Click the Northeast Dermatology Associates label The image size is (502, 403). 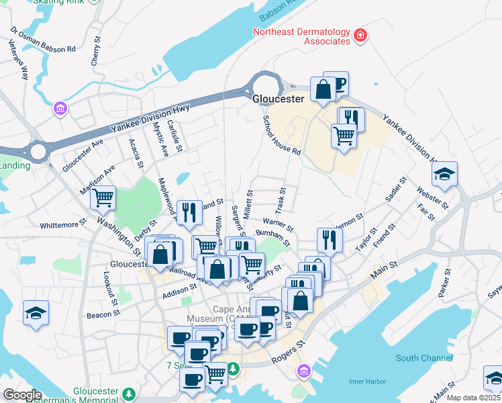[301, 36]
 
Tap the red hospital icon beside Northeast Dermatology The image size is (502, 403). [360, 34]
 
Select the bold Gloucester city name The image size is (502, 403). [279, 98]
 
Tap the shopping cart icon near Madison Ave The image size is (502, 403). [104, 197]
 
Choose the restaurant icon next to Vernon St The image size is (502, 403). [329, 239]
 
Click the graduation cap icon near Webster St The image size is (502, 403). [444, 175]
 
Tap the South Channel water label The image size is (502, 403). [424, 358]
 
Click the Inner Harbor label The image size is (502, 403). [366, 382]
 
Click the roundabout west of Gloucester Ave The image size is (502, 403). [38, 151]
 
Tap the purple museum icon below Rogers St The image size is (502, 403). [304, 370]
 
